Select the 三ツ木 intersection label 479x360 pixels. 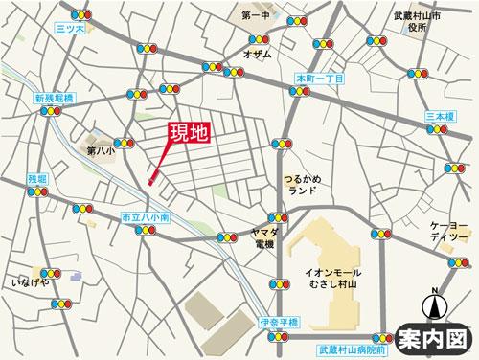tap(71, 30)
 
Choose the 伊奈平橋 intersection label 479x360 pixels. tap(279, 322)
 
